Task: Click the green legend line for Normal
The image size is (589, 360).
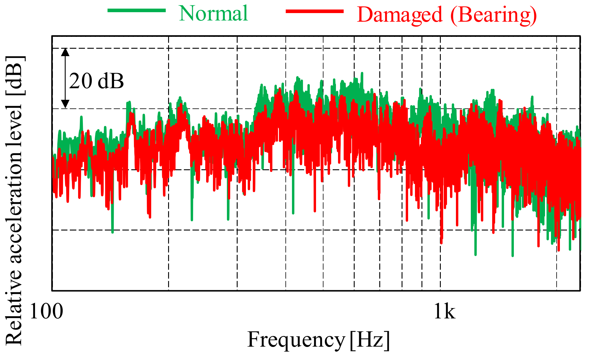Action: [x=136, y=10]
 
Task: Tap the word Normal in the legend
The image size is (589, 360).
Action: [x=213, y=14]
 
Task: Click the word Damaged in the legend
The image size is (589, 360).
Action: [x=399, y=15]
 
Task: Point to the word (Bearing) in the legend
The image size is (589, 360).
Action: [x=494, y=15]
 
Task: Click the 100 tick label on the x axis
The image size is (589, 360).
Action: [x=46, y=312]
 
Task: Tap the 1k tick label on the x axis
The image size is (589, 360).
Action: [x=444, y=312]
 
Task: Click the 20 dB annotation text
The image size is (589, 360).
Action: [x=96, y=81]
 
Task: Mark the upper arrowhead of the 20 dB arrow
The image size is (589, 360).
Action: [x=65, y=52]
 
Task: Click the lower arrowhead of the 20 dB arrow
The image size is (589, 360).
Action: [x=65, y=104]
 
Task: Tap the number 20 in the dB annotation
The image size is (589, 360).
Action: [x=80, y=81]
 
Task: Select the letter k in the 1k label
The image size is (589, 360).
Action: [x=449, y=312]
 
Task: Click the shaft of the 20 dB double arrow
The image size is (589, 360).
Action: [x=65, y=78]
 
